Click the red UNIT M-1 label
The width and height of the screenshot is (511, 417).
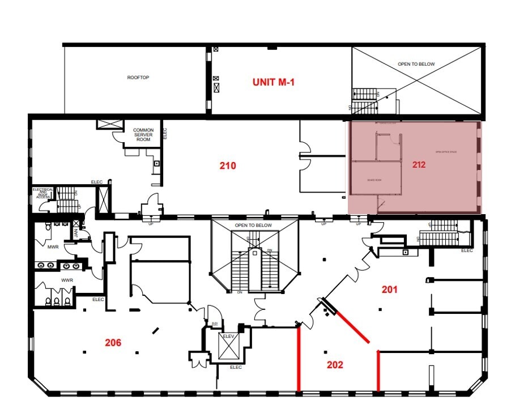click(274, 82)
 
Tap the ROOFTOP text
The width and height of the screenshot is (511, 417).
click(138, 77)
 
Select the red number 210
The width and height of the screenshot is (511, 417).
click(227, 166)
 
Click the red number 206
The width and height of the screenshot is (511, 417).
click(113, 342)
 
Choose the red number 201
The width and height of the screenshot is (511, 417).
click(389, 290)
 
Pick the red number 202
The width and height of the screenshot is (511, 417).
click(335, 365)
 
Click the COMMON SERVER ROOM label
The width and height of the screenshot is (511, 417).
click(143, 134)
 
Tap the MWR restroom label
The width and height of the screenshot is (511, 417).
click(53, 247)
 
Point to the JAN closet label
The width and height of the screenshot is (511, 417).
click(76, 232)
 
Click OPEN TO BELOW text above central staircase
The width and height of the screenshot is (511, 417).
click(253, 225)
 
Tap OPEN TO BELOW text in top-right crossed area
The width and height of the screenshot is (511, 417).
click(416, 64)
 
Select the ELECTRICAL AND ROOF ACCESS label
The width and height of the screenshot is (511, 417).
click(43, 193)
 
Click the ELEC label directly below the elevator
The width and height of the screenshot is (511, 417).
click(236, 367)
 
